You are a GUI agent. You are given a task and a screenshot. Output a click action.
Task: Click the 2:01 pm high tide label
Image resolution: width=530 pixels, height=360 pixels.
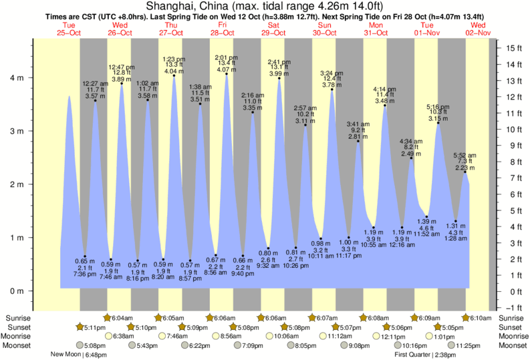pyautogui.click(x=227, y=57)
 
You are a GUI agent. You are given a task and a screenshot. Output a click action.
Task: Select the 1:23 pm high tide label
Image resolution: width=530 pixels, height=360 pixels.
pyautogui.click(x=174, y=59)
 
